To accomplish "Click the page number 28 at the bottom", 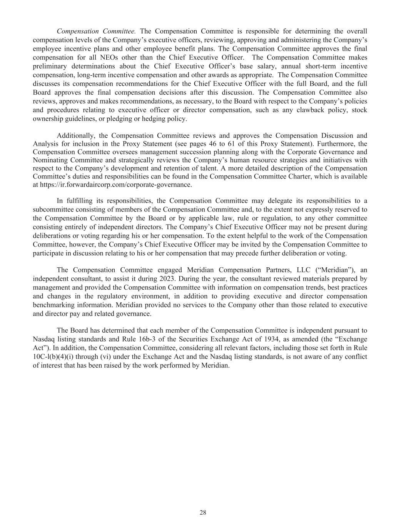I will tap(203, 512).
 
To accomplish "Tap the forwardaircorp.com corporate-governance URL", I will tap(115, 185).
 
